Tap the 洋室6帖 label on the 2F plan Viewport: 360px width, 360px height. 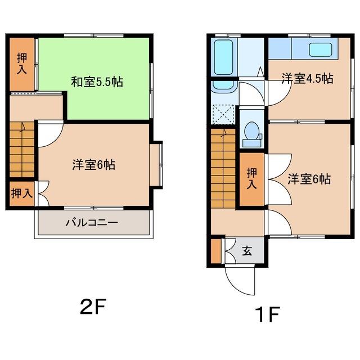pos(93,165)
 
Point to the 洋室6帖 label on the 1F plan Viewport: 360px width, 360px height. pos(309,179)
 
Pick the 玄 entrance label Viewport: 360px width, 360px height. pos(247,251)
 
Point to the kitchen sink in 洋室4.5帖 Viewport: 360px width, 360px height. pos(320,49)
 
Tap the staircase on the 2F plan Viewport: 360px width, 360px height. pos(22,149)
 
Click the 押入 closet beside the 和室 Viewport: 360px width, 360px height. pos(22,64)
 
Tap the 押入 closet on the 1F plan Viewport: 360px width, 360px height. pos(252,179)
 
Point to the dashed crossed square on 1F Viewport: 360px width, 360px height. pos(224,115)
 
